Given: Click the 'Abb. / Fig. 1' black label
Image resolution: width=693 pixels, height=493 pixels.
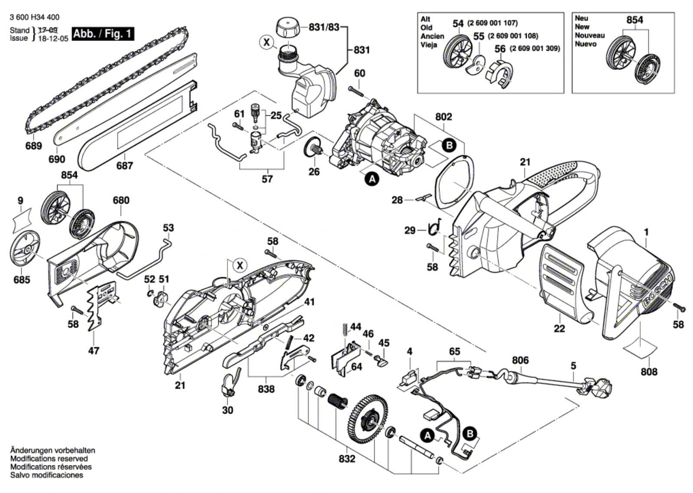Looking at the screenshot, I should coord(103,34).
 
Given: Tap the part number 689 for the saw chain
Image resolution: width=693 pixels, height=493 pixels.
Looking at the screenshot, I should coord(34,146).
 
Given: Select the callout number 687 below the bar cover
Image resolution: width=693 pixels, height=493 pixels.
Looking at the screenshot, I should coord(125,166).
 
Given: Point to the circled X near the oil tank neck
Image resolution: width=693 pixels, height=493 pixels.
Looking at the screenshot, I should coord(266,42).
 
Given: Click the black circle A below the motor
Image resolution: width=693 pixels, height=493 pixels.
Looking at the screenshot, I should coord(372,178).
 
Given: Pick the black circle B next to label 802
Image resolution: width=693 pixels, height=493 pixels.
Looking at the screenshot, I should coord(449,145).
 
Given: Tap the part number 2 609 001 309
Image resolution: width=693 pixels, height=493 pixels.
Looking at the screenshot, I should coord(535,49).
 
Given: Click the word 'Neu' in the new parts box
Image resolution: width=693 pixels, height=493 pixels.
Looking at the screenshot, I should coord(581,18).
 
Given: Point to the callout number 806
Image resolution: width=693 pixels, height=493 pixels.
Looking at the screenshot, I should coord(520,360).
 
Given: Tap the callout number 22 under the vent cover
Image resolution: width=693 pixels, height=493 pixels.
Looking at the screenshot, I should coord(559,329).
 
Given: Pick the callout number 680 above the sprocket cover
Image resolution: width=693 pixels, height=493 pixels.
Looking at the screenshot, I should coord(121,200).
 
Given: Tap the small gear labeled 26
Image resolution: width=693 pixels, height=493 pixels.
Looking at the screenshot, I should coord(313,149).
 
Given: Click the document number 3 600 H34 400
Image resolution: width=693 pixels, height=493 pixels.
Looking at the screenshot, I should coord(34,17).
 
